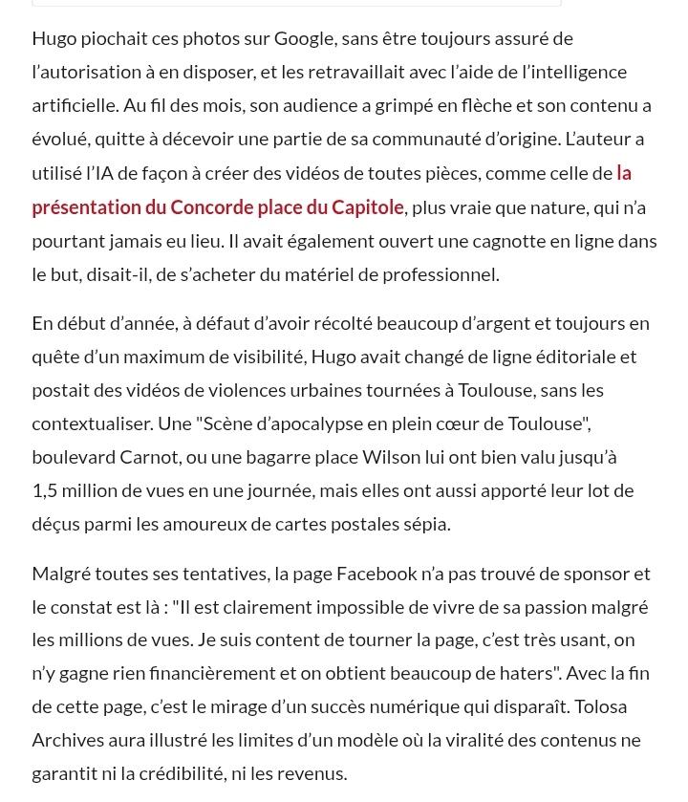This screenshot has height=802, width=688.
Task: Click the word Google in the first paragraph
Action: click(x=304, y=38)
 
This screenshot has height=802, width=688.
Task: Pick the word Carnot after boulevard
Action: click(x=149, y=457)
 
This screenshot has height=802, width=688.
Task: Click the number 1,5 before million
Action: click(x=44, y=490)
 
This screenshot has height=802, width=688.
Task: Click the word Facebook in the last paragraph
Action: click(x=376, y=574)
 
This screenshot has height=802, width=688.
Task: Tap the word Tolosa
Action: click(x=601, y=706)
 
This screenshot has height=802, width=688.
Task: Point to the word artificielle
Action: click(x=73, y=105)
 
